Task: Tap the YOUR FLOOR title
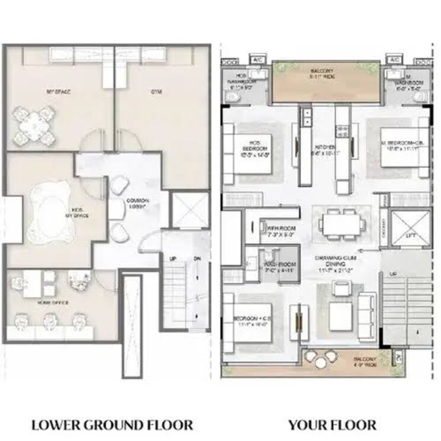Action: tap(332, 424)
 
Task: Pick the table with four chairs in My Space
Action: tap(34, 125)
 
